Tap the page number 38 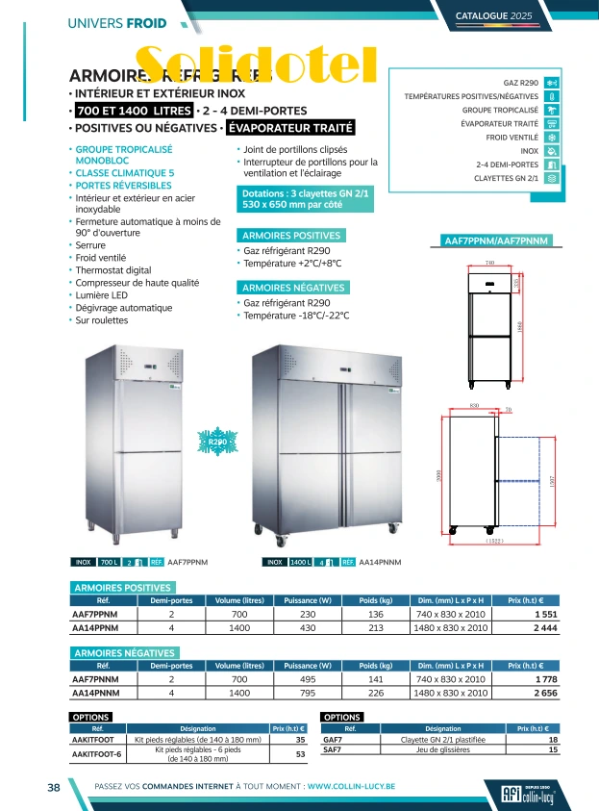(x=55, y=787)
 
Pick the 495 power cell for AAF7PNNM (x=308, y=678)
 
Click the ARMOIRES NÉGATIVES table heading (x=122, y=653)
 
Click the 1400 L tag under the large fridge (x=300, y=561)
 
